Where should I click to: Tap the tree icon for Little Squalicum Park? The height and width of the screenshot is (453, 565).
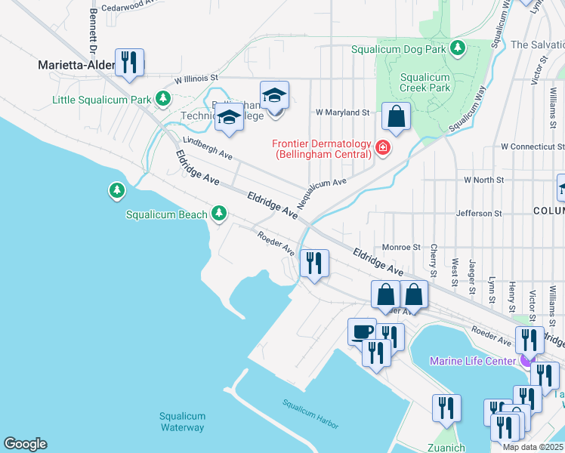point(162,98)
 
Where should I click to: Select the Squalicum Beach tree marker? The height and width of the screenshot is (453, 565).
point(219,214)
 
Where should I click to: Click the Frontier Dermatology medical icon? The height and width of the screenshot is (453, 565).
point(383,148)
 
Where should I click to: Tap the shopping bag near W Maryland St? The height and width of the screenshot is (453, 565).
point(395,117)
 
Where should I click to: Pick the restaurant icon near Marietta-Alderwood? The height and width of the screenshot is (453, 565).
point(129,62)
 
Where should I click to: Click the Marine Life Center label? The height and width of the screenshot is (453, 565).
point(472,361)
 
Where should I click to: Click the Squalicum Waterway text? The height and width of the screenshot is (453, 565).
point(181,422)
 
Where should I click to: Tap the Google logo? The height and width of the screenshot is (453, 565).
point(25,444)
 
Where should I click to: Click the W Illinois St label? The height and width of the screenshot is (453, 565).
point(196,78)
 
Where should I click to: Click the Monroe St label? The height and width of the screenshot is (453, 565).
point(400,247)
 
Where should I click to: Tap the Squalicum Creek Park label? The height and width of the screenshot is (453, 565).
point(425,82)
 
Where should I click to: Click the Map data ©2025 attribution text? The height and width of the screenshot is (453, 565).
point(532,447)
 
